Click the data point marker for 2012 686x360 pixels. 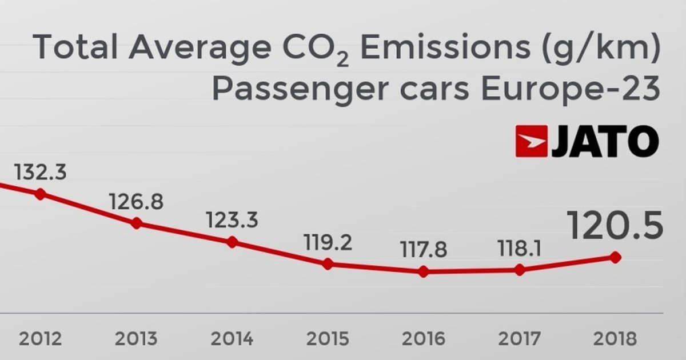(40, 194)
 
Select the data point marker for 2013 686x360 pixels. (136, 223)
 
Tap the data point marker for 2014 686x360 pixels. (232, 242)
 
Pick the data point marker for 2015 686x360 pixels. (328, 264)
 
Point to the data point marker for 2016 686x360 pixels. (424, 272)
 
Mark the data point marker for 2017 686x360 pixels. (520, 270)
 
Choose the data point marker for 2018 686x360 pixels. (616, 258)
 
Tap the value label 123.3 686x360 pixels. (232, 220)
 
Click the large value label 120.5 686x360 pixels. (615, 226)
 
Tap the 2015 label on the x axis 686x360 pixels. (328, 339)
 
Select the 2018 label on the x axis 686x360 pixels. (615, 339)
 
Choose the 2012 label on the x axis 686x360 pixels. (40, 339)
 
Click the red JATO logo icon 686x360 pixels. (532, 141)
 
